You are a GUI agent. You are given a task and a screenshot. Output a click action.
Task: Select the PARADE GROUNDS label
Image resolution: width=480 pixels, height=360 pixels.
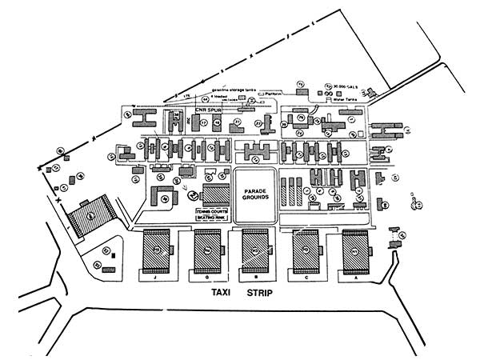tap(254, 191)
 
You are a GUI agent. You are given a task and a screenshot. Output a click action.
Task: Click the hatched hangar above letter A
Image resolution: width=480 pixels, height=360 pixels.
tap(355, 251)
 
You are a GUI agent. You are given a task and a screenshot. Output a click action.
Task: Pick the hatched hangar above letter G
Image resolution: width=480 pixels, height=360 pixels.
tap(209, 251)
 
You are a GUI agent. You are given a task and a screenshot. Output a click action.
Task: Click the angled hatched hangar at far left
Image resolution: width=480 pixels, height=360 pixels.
tap(90, 214)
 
